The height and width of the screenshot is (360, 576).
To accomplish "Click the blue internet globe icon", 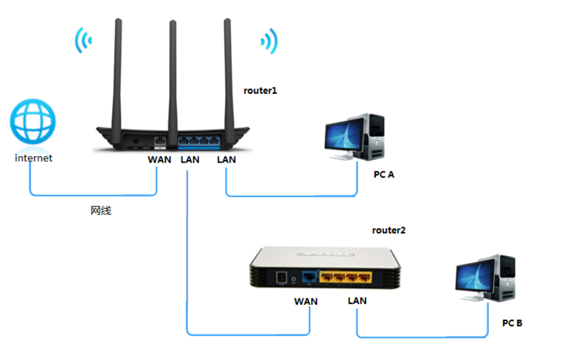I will pyautogui.click(x=33, y=121).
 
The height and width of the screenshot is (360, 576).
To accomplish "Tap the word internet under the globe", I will pyautogui.click(x=34, y=158).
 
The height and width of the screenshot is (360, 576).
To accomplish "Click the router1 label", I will pyautogui.click(x=260, y=91).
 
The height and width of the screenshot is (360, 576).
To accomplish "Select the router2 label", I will pyautogui.click(x=389, y=230).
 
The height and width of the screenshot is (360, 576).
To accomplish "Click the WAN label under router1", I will pyautogui.click(x=159, y=159).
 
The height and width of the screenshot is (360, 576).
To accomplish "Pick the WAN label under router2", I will pyautogui.click(x=306, y=301).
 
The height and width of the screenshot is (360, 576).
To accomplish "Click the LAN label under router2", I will pyautogui.click(x=357, y=301).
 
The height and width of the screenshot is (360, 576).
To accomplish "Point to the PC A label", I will pyautogui.click(x=384, y=174).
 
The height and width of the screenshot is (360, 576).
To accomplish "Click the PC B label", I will pyautogui.click(x=512, y=323).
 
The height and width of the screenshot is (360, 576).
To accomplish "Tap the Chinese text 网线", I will pyautogui.click(x=101, y=210).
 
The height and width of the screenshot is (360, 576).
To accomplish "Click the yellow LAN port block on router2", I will pyautogui.click(x=345, y=277).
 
